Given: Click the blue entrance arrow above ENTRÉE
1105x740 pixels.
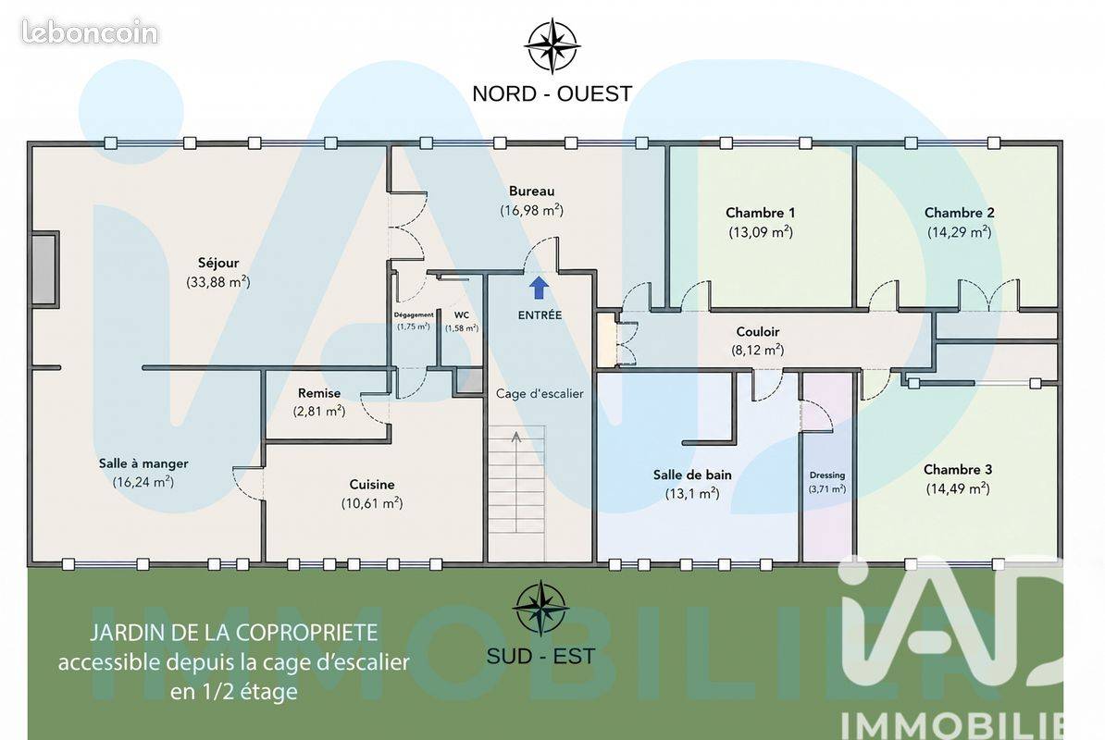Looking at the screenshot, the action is (540, 288).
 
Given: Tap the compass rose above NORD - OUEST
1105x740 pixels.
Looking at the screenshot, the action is (552, 46).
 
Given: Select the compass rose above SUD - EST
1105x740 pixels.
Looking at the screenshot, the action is (540, 608).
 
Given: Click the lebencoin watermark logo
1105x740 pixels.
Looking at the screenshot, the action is (90, 31).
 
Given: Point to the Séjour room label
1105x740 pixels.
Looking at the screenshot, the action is (218, 263).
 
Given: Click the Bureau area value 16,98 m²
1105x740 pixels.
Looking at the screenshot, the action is (532, 210).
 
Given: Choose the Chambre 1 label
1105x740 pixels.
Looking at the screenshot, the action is (761, 213).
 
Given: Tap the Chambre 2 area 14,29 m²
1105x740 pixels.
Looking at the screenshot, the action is (959, 231).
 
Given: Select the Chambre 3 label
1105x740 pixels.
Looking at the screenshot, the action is (958, 470).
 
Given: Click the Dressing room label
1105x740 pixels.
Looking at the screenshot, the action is (827, 475).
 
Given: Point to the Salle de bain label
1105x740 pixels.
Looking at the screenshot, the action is (692, 475).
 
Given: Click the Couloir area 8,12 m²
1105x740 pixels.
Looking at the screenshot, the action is (758, 350).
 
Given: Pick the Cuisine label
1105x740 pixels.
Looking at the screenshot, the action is (372, 485).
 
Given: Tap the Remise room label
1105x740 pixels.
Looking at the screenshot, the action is (319, 393).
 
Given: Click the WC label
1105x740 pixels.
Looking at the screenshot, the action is (462, 314).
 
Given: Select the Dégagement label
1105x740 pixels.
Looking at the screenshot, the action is (414, 315).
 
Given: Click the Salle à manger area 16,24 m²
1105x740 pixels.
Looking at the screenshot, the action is (143, 482).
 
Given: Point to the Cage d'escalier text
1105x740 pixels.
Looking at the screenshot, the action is (540, 393).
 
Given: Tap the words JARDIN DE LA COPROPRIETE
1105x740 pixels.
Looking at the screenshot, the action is (234, 633).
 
